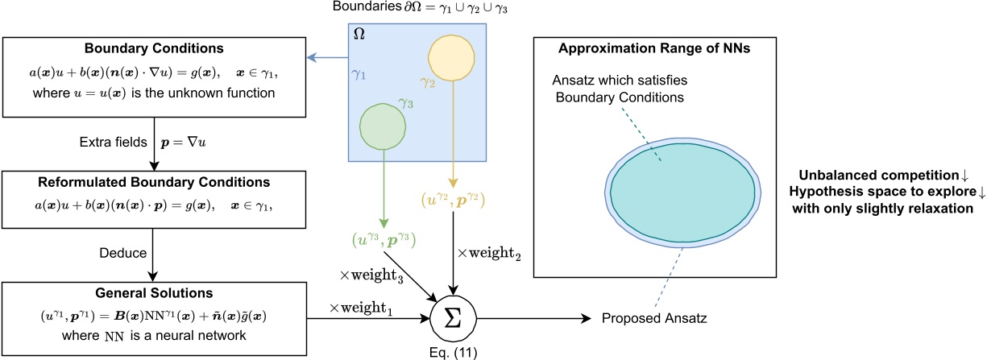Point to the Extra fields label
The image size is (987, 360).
[x=111, y=141]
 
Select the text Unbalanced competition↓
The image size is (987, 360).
[x=885, y=176]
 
